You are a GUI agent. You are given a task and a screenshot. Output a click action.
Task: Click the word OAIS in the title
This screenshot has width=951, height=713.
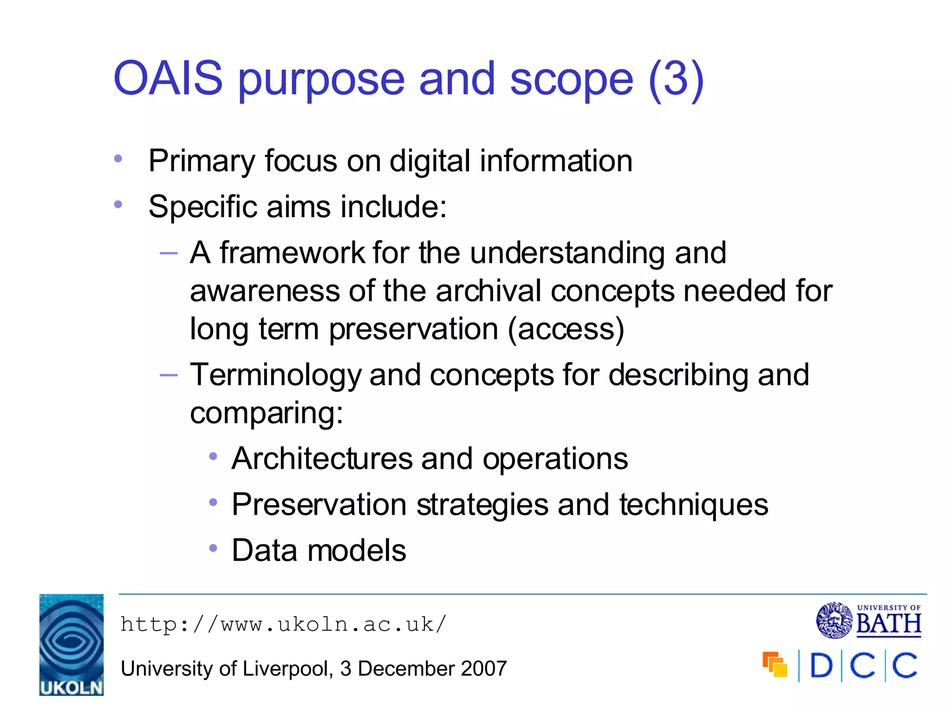pos(168,79)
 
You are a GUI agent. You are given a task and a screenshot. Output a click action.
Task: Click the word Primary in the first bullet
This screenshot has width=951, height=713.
pos(202,162)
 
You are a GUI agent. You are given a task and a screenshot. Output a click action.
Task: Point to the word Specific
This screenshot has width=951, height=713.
pos(202,207)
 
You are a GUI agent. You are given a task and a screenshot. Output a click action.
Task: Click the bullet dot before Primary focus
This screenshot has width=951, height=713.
pos(118,159)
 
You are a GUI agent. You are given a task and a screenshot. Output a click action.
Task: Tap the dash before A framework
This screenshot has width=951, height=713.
pos(169,253)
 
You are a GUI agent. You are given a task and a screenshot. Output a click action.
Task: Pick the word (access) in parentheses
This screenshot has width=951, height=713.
pos(566,329)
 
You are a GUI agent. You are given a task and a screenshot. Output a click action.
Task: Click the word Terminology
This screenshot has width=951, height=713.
pos(275,375)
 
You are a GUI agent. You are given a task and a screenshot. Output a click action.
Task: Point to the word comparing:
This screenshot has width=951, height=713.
pos(267,413)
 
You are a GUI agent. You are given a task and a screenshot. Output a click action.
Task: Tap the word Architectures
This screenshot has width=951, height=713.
pos(322,459)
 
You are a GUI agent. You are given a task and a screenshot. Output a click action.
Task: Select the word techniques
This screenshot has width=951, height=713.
pos(694,505)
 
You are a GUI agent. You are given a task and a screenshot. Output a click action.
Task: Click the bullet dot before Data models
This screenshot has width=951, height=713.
pos(213,548)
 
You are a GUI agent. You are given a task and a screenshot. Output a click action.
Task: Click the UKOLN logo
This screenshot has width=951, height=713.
pos(72,645)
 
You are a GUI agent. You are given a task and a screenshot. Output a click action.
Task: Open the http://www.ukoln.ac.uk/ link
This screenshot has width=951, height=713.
pos(283,625)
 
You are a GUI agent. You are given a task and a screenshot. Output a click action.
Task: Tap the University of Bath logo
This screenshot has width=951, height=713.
pos(869,621)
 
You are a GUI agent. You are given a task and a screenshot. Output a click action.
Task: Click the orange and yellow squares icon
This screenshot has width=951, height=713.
pos(775,664)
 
